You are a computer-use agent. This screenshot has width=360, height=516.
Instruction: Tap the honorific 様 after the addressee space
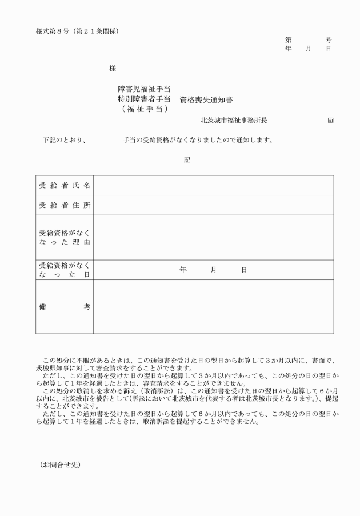click(x=113, y=68)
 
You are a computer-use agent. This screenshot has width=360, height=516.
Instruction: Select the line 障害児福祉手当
click(x=144, y=89)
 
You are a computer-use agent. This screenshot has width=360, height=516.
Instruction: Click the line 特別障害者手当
click(x=144, y=99)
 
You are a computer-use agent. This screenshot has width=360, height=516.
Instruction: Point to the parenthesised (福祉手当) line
click(x=144, y=109)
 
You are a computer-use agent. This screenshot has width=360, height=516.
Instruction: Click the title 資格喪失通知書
click(x=206, y=99)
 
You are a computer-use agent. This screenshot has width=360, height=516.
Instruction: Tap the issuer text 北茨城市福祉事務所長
click(x=234, y=121)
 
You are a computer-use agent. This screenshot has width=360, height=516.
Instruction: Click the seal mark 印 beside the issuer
click(x=331, y=121)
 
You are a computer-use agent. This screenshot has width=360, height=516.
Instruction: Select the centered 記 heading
click(x=187, y=160)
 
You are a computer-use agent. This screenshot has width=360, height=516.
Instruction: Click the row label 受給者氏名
click(x=65, y=186)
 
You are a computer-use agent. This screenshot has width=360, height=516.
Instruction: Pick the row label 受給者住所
click(x=65, y=205)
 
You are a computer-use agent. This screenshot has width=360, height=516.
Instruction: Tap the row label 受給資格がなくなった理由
click(x=65, y=238)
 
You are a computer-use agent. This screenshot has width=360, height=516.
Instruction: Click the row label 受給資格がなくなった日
click(x=65, y=270)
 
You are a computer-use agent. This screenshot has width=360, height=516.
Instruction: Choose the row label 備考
click(x=65, y=307)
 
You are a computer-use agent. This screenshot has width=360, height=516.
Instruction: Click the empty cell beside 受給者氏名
click(x=213, y=186)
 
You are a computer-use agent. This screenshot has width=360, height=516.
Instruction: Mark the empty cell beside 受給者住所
click(x=213, y=205)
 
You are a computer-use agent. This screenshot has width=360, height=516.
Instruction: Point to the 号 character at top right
click(x=329, y=40)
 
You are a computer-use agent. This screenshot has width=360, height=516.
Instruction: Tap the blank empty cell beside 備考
click(x=213, y=307)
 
